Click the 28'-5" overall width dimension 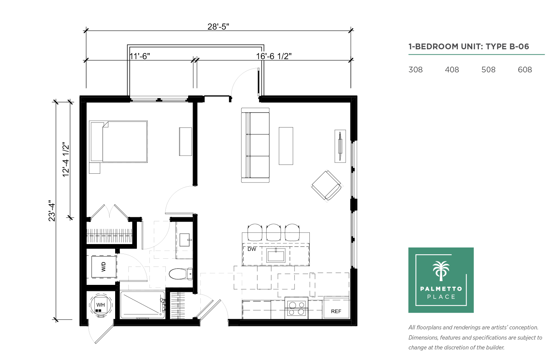point(218,27)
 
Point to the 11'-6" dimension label point(140,56)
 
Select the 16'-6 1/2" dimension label point(274,56)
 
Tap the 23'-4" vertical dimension point(52,211)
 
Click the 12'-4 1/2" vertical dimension point(66,159)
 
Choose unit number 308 point(415,70)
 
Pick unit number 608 point(525,70)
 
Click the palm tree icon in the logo point(441,271)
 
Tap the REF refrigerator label point(336,311)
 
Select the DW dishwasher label point(252,249)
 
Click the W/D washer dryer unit point(104,267)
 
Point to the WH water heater point(101,305)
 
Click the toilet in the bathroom point(181,274)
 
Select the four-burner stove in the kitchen point(297,308)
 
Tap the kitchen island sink point(276,255)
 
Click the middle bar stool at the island point(273,232)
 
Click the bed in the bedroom point(119,142)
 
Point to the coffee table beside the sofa point(286,146)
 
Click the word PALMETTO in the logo point(441,289)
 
